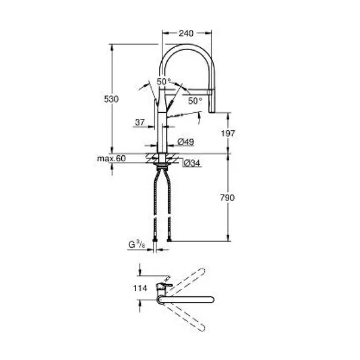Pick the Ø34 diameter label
click(x=192, y=162)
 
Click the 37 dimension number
click(x=140, y=122)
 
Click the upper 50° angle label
click(x=164, y=82)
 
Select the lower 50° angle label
click(x=195, y=101)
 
